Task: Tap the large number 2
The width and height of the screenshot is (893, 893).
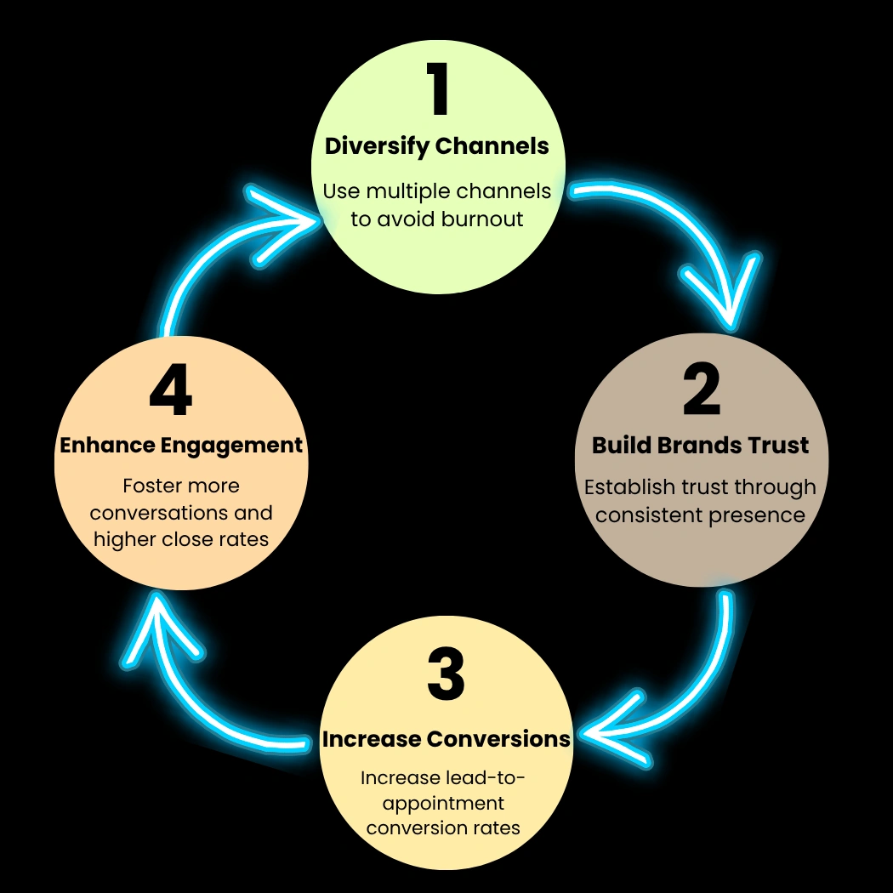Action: pos(702,390)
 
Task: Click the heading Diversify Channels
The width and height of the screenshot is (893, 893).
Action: pos(437,146)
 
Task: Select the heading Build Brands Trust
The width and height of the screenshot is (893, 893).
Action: pos(701,446)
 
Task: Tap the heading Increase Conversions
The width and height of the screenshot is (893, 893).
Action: pos(446,739)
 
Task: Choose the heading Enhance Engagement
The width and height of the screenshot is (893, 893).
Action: pos(181,446)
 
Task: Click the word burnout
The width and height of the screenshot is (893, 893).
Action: pos(482,219)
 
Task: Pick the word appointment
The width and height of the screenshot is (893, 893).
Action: pos(444,803)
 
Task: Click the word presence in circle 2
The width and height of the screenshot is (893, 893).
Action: pos(762,515)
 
